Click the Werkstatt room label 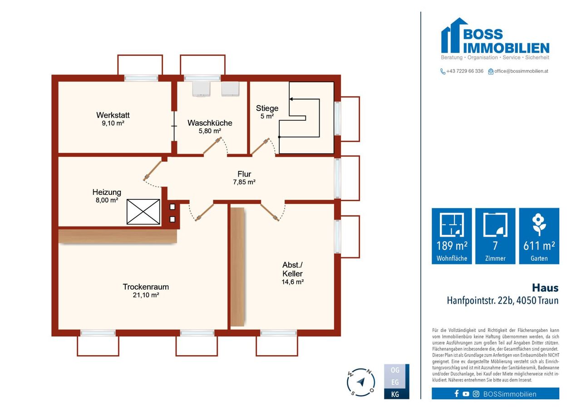click(113, 115)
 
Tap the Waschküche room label click(210, 123)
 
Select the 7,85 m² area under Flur click(244, 182)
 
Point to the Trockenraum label click(146, 287)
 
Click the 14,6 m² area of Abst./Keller click(293, 282)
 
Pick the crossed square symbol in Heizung click(143, 212)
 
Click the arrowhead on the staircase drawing click(291, 99)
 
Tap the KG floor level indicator click(395, 394)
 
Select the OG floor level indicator click(395, 370)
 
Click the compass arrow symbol click(361, 381)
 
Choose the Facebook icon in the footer click(457, 394)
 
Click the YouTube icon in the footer click(466, 394)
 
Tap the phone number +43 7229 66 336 click(464, 71)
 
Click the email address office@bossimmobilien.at click(521, 71)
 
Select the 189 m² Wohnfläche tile click(452, 236)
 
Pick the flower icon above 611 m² click(539, 224)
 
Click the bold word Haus click(545, 288)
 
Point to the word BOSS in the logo click(483, 34)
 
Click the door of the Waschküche click(212, 146)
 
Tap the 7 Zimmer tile click(495, 236)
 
